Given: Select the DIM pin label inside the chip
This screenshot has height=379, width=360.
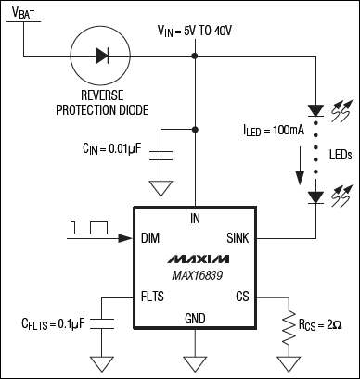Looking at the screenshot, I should click(149, 238).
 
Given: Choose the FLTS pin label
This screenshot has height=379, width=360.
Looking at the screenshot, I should click(153, 298).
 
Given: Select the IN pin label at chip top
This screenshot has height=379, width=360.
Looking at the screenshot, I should click(194, 219).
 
